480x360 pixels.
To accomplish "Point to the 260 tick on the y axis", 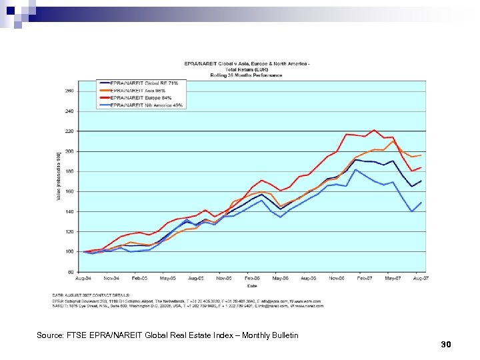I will pyautogui.click(x=69, y=91).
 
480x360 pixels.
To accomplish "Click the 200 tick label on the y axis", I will pyautogui.click(x=69, y=151).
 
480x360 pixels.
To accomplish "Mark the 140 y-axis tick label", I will pyautogui.click(x=69, y=211).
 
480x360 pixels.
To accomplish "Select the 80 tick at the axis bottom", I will pyautogui.click(x=71, y=271).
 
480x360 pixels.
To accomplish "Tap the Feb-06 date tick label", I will pyautogui.click(x=252, y=277).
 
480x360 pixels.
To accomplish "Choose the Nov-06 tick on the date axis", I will pyautogui.click(x=337, y=277).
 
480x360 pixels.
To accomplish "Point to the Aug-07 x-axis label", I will pyautogui.click(x=421, y=277).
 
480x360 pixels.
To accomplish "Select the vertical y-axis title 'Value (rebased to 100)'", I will pyautogui.click(x=59, y=175).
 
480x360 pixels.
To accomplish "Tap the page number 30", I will pyautogui.click(x=446, y=344).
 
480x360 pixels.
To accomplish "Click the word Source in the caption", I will pyautogui.click(x=50, y=335).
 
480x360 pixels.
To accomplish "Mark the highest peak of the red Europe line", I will pyautogui.click(x=374, y=130).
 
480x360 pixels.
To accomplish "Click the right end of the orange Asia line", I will pyautogui.click(x=421, y=155).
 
